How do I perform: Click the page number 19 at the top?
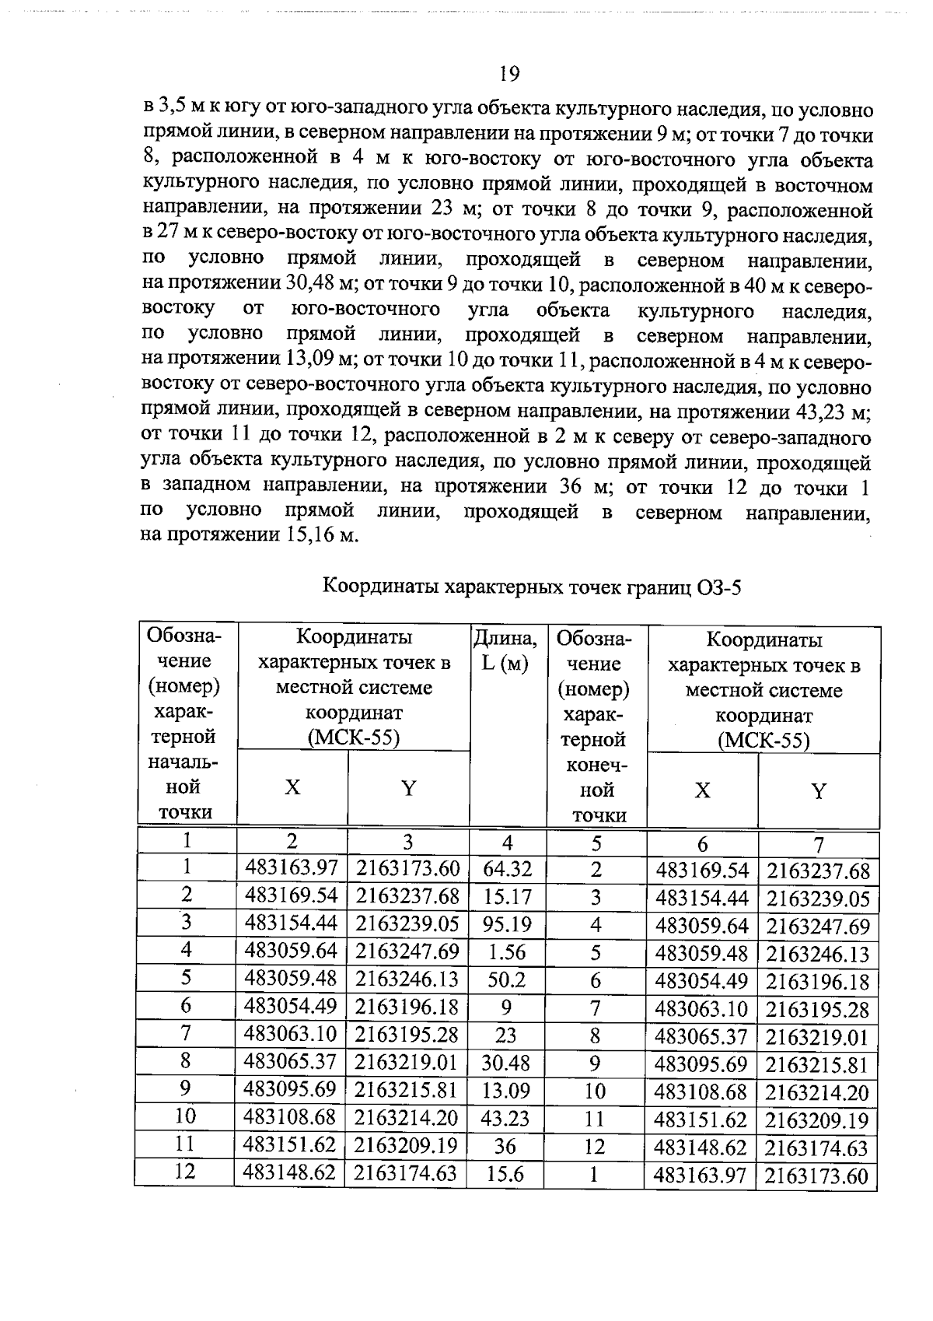tap(509, 74)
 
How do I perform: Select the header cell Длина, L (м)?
tap(506, 651)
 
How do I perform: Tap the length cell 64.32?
tap(507, 869)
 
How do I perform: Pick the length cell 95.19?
tap(507, 924)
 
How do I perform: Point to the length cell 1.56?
tap(507, 952)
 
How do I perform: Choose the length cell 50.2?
tap(507, 980)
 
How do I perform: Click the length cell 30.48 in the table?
tap(506, 1063)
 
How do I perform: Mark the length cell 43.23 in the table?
tap(506, 1119)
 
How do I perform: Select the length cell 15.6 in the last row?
tap(505, 1174)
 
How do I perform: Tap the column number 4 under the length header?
tap(508, 843)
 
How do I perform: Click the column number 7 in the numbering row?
tap(818, 845)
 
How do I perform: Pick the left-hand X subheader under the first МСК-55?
tap(292, 787)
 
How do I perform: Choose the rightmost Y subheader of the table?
tap(818, 791)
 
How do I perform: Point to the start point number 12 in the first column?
tap(185, 1172)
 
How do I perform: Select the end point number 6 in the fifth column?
tap(596, 981)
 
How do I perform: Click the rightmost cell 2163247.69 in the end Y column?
tap(818, 927)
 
